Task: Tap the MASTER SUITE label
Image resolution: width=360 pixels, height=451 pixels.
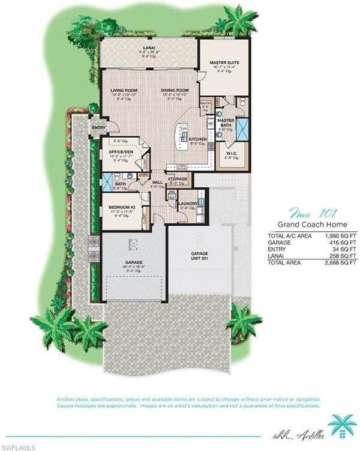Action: (224, 62)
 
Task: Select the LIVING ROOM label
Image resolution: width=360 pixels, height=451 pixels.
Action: (124, 91)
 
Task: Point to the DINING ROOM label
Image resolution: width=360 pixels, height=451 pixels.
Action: (175, 91)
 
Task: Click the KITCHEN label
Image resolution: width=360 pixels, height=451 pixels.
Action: (198, 139)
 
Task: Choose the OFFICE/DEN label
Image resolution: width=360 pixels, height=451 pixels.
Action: (121, 152)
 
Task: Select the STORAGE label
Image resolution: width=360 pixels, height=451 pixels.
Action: (178, 178)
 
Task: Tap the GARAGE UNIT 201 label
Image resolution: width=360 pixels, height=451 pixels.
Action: (199, 255)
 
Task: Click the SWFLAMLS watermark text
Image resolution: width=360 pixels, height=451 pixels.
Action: (19, 446)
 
